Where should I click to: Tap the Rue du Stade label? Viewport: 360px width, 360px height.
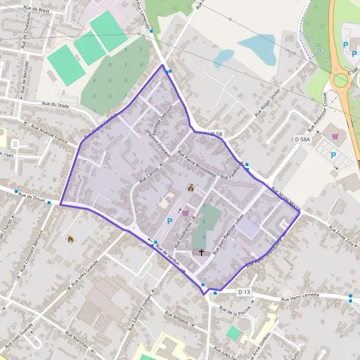(x=54, y=104)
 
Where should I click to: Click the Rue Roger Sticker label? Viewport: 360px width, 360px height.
(x=268, y=103)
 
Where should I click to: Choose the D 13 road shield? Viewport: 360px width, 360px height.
(x=242, y=292)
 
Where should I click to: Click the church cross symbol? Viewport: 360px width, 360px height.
(x=201, y=253)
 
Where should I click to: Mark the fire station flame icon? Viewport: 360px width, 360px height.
(x=71, y=239)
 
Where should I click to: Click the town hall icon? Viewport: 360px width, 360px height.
(x=191, y=187)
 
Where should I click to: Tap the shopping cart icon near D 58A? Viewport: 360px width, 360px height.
(x=334, y=136)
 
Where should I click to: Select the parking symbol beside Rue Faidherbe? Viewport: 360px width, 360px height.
(x=170, y=221)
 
